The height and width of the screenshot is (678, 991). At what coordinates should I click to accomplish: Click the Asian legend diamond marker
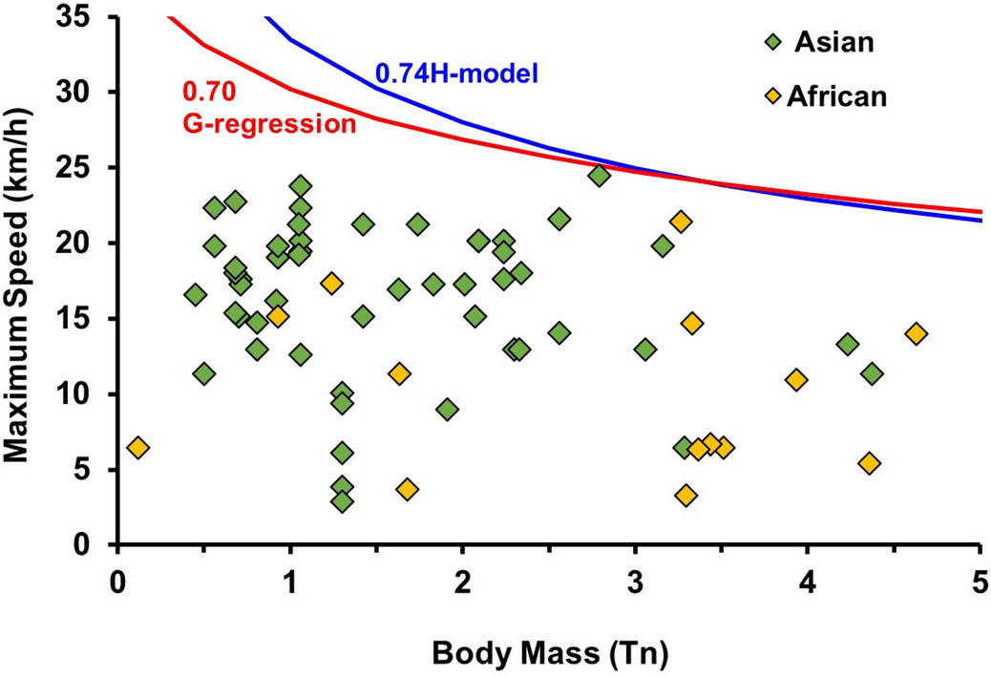774,42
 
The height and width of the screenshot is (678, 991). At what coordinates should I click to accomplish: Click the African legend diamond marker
774,95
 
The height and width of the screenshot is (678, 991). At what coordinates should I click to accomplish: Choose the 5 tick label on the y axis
91,470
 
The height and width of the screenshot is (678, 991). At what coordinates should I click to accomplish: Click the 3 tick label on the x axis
635,582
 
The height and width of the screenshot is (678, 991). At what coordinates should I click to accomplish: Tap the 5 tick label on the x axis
980,582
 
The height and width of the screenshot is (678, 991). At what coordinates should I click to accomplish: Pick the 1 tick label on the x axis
289,582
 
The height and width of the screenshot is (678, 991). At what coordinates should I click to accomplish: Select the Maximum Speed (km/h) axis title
23,281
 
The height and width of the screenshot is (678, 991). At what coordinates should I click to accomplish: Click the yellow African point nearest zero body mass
137,447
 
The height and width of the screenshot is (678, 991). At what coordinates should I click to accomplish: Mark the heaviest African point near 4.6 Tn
917,333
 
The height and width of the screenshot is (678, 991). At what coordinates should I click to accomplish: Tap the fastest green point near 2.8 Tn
600,176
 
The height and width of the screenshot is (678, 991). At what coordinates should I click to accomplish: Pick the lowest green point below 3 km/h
342,501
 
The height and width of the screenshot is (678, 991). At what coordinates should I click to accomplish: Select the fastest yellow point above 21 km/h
681,222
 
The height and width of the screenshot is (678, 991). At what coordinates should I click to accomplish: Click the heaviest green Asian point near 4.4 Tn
872,373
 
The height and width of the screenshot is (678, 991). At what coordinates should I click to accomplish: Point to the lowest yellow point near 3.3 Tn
685,495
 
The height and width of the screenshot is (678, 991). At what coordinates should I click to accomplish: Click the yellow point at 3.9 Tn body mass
796,379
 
